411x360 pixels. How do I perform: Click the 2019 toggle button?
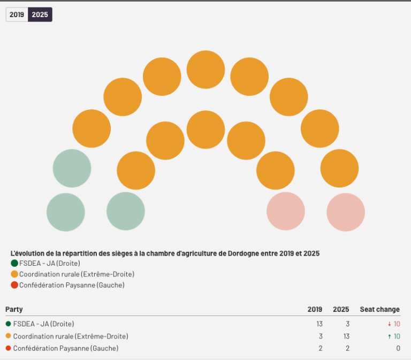point(17,15)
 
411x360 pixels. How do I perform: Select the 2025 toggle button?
point(40,15)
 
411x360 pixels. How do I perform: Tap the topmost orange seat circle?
point(205,70)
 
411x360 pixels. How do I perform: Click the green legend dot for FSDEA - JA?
point(14,263)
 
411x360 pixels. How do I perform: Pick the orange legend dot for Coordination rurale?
point(14,274)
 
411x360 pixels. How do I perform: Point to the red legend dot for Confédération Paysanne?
point(14,285)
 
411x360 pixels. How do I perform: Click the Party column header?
point(14,310)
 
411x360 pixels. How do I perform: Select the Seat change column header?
point(379,310)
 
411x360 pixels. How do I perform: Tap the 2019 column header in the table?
point(315,310)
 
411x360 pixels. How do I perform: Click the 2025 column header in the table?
point(341,310)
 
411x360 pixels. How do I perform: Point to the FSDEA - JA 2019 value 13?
point(319,324)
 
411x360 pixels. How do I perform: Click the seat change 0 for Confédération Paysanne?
point(398,348)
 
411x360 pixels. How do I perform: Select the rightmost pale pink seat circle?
point(346,212)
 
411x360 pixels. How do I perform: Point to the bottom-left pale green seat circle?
point(66,212)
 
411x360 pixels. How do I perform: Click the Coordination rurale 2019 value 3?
point(321,336)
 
